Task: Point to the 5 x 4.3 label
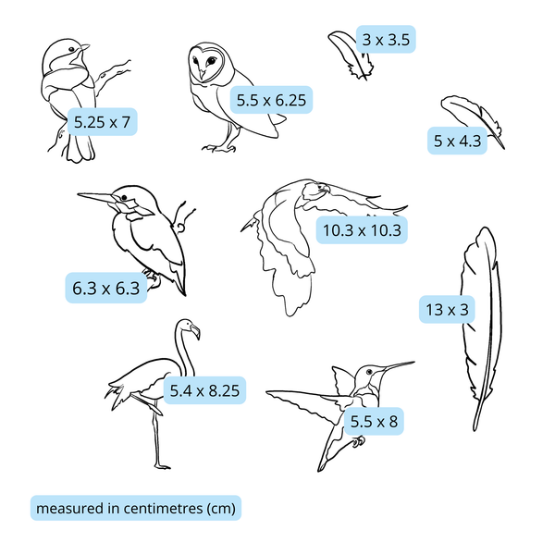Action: point(458,142)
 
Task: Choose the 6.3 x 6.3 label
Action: point(105,288)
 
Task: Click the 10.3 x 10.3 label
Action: point(362,229)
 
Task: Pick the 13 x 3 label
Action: point(445,310)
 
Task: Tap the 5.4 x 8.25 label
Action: point(204,391)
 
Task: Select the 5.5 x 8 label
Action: point(374,421)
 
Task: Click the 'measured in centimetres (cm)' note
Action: point(135,508)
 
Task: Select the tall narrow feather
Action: point(479,324)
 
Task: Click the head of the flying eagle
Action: point(318,191)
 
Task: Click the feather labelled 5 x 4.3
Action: point(472,118)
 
